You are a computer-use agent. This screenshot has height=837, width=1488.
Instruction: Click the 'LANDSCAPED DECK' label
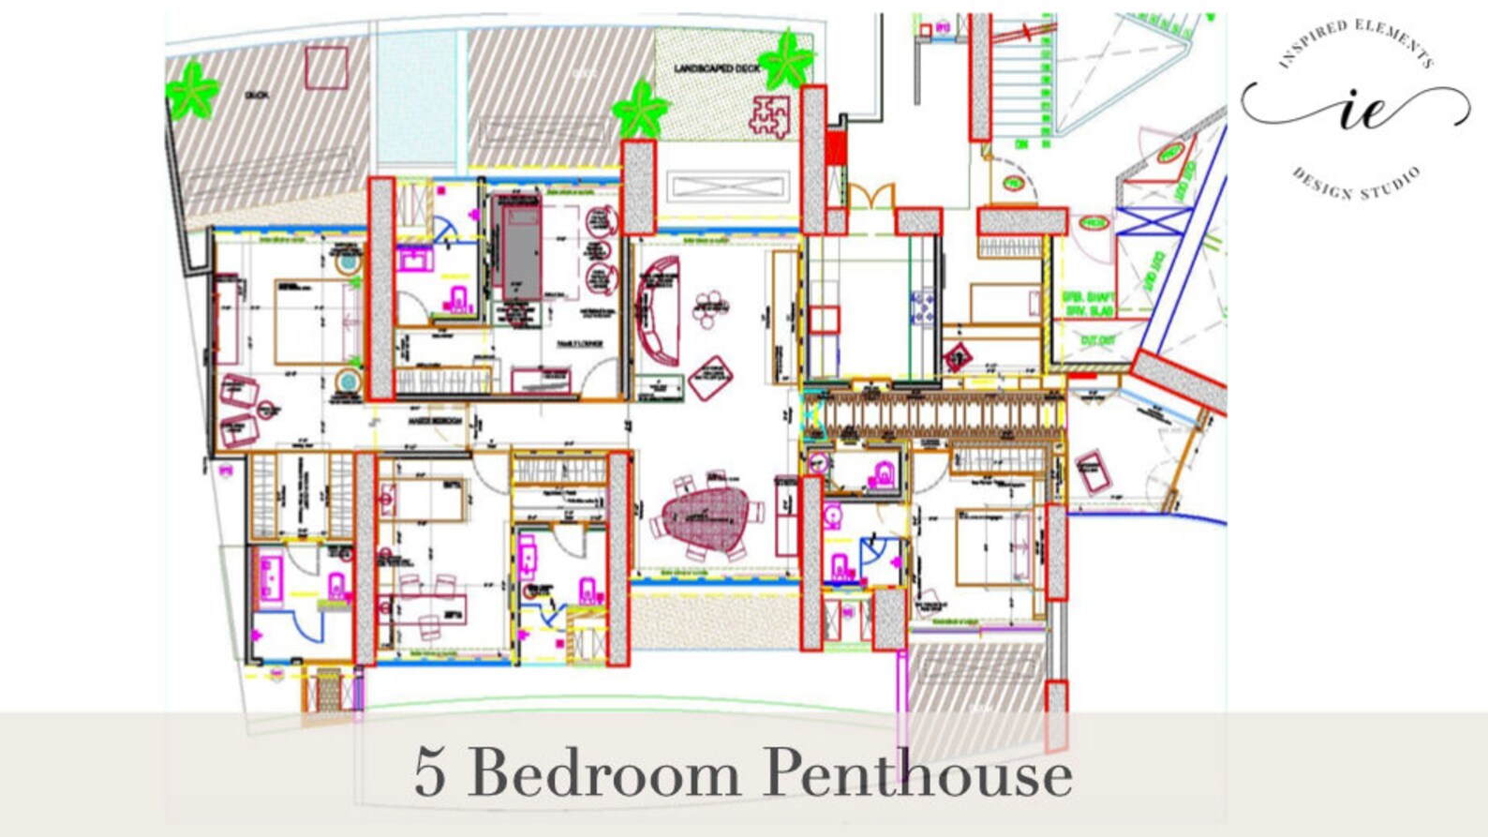(717, 68)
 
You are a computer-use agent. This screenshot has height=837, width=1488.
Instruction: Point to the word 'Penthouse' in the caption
(917, 774)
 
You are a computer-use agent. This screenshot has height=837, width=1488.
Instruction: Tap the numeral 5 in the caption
(429, 773)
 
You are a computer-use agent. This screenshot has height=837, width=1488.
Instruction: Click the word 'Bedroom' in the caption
(604, 774)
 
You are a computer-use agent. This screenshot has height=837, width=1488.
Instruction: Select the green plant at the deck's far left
(192, 90)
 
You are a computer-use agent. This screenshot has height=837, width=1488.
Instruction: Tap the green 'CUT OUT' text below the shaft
(1097, 341)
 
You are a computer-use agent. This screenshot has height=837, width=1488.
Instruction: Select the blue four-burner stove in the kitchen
(923, 308)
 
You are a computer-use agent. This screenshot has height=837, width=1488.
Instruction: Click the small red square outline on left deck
(326, 67)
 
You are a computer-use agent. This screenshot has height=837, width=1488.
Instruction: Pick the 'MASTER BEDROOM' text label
(435, 421)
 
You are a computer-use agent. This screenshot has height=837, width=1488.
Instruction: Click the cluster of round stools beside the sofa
(711, 307)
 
